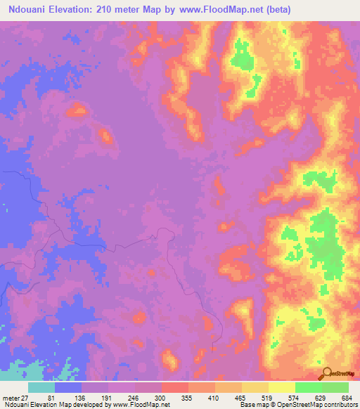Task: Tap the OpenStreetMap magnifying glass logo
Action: [x=328, y=373]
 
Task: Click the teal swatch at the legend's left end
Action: [x=41, y=387]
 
